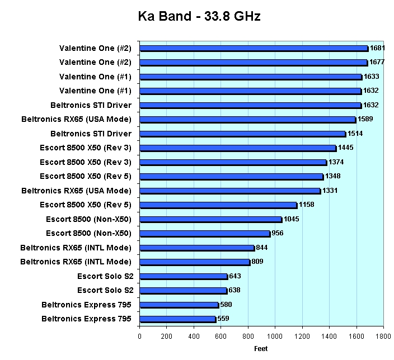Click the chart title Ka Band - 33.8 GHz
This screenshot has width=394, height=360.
199,17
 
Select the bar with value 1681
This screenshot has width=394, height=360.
253,48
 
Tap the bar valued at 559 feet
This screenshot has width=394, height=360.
177,319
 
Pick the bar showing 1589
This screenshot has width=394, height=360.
247,120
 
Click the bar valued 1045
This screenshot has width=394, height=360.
210,219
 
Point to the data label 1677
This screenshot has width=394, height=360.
377,62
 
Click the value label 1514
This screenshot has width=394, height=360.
355,134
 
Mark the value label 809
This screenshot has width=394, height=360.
257,262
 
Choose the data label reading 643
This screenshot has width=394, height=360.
235,276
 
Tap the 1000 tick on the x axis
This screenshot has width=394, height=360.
275,337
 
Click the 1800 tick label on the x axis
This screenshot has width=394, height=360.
383,337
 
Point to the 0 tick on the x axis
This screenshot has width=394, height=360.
139,337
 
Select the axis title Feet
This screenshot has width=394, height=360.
260,349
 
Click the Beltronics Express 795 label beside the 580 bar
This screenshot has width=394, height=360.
87,305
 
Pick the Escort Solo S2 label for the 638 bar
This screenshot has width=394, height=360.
105,290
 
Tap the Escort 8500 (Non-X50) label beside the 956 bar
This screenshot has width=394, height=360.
88,233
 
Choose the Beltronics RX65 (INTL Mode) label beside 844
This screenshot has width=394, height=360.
76,248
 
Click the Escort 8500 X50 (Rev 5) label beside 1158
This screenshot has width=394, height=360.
86,205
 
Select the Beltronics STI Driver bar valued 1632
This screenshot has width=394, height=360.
250,105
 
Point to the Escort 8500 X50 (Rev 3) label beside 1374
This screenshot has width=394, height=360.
86,162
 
